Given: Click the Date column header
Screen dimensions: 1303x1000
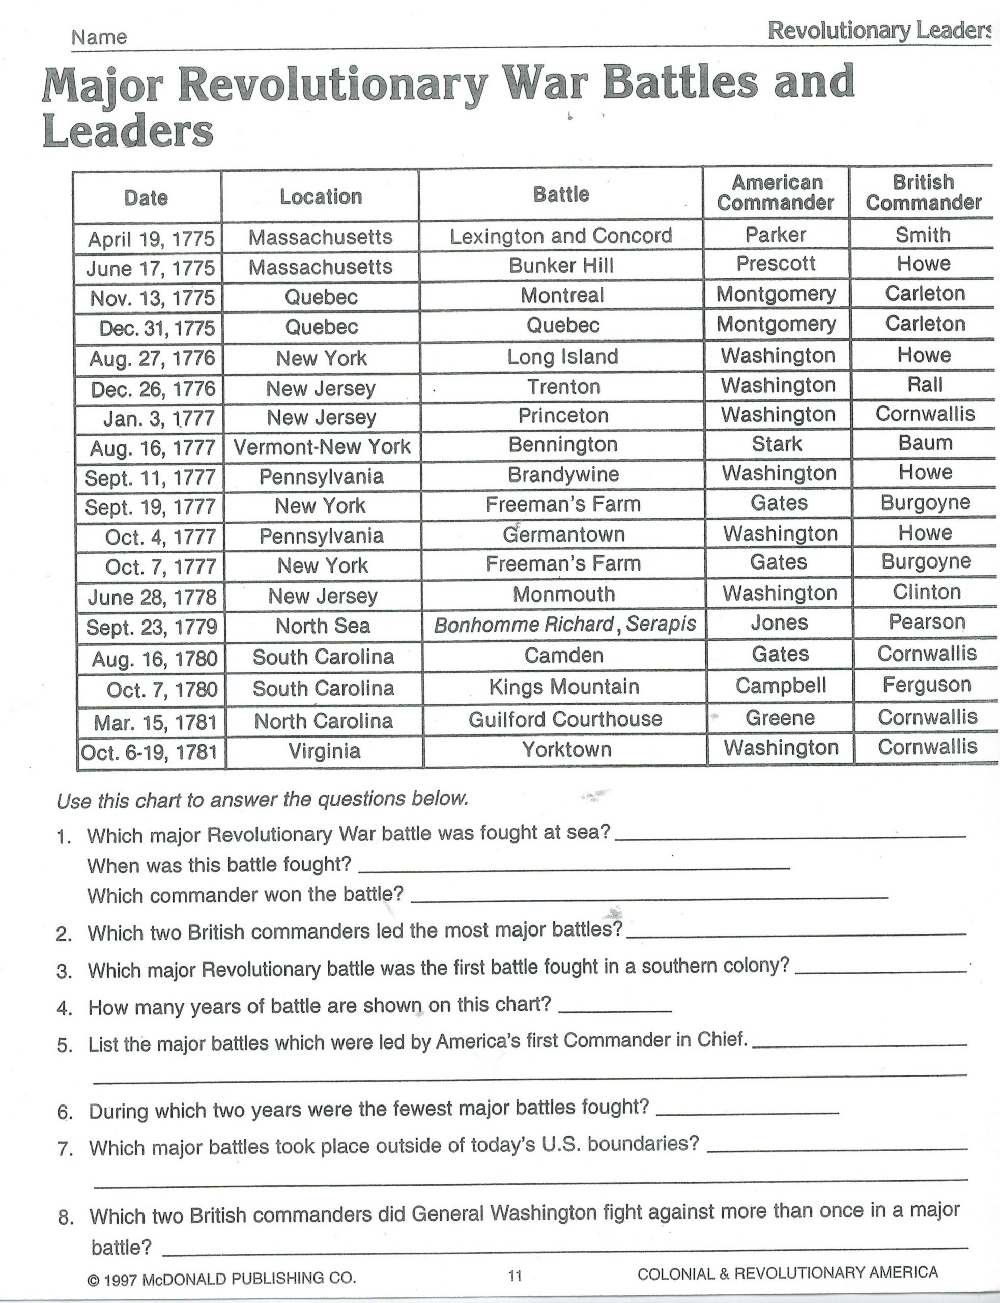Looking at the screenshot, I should (146, 197).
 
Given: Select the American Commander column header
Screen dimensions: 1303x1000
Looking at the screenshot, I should (775, 192).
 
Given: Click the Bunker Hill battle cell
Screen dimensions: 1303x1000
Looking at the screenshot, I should (561, 266).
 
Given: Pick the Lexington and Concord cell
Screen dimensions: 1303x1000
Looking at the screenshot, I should (561, 236).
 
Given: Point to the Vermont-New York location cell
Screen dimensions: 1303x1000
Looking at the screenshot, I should (322, 447).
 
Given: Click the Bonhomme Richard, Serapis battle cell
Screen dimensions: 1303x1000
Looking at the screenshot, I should (564, 625).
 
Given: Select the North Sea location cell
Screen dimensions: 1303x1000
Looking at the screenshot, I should (323, 626).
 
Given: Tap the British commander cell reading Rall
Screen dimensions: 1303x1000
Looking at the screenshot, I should (924, 385).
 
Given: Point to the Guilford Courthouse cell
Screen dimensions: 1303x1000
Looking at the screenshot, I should (565, 719).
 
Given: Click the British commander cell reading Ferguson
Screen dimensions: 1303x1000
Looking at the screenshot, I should (927, 685).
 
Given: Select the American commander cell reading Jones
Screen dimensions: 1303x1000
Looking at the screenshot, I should (779, 622).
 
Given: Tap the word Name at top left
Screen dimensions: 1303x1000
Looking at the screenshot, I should (99, 38).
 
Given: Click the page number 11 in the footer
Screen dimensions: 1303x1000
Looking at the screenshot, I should (515, 1275).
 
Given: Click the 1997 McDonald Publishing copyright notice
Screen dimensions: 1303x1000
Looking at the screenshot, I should (221, 1278).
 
